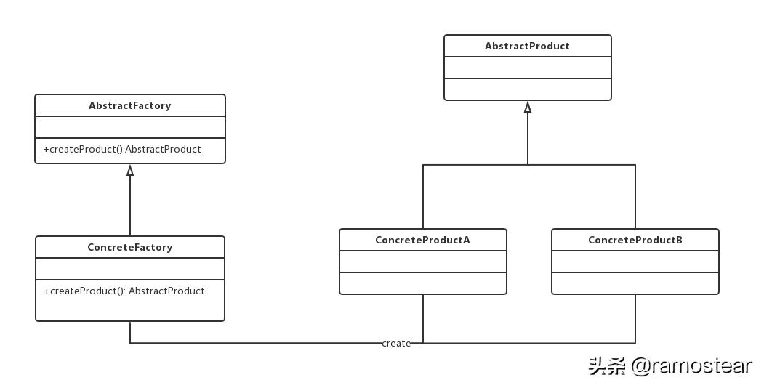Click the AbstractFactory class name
click(x=129, y=105)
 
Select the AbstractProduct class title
click(x=527, y=46)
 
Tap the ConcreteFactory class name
click(x=129, y=247)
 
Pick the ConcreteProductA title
click(x=422, y=240)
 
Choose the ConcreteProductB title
click(x=635, y=240)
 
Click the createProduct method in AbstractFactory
click(x=122, y=149)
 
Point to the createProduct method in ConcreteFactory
click(x=124, y=291)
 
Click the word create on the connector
click(x=396, y=343)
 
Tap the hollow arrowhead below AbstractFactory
click(x=130, y=171)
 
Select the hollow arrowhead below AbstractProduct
click(x=528, y=107)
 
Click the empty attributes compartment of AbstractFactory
click(x=129, y=127)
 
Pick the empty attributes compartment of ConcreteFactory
click(x=129, y=269)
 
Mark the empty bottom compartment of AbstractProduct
click(x=527, y=89)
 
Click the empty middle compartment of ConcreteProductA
click(x=422, y=262)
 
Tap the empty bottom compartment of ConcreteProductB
click(x=635, y=283)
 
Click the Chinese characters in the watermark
click(x=607, y=365)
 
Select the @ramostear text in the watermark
click(x=691, y=365)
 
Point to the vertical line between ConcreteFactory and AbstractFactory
click(x=130, y=207)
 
